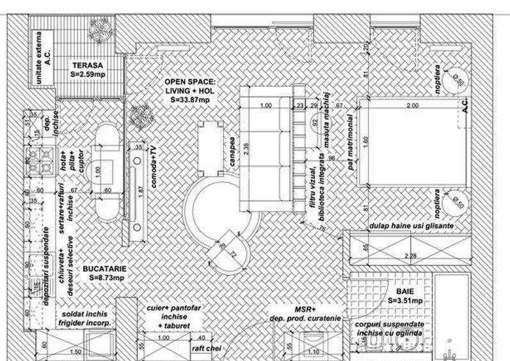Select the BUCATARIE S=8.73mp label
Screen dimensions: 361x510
click(x=104, y=274)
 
